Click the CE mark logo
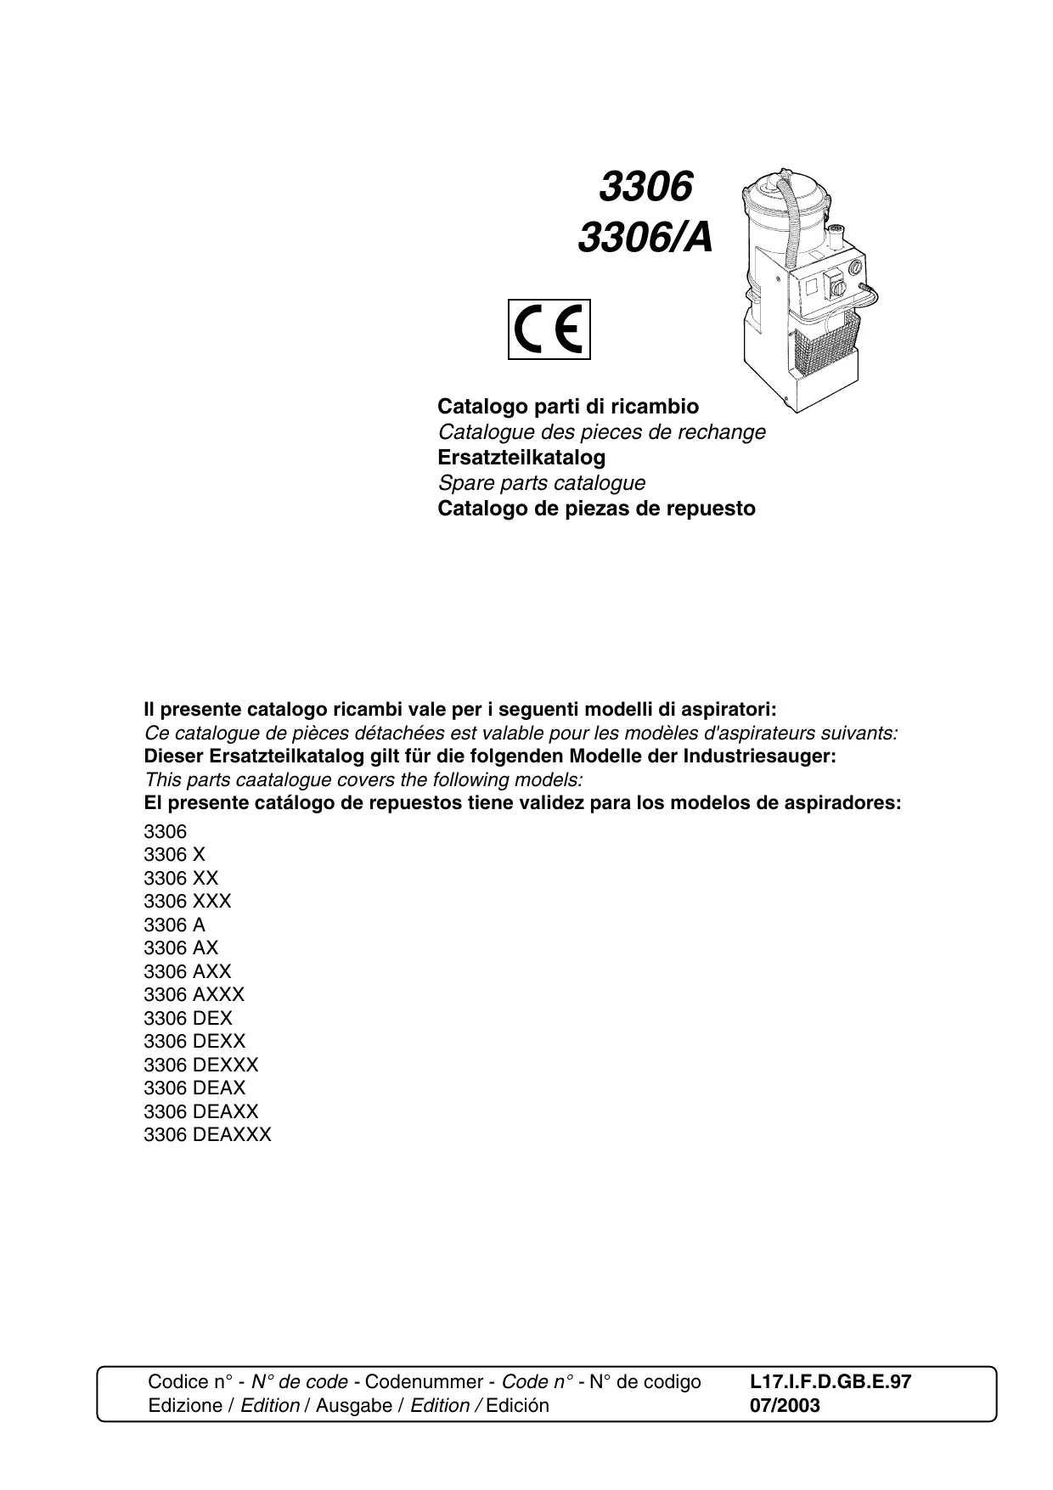[549, 329]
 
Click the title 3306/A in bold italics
[645, 239]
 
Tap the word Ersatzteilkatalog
[521, 458]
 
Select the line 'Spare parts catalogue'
[541, 483]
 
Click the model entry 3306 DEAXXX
[207, 1135]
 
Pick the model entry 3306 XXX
[187, 902]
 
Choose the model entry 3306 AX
[181, 948]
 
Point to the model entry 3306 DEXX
[194, 1042]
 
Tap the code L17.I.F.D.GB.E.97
[831, 1382]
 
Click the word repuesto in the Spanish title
[715, 509]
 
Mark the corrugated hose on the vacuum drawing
[794, 229]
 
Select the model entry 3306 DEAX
[194, 1088]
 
